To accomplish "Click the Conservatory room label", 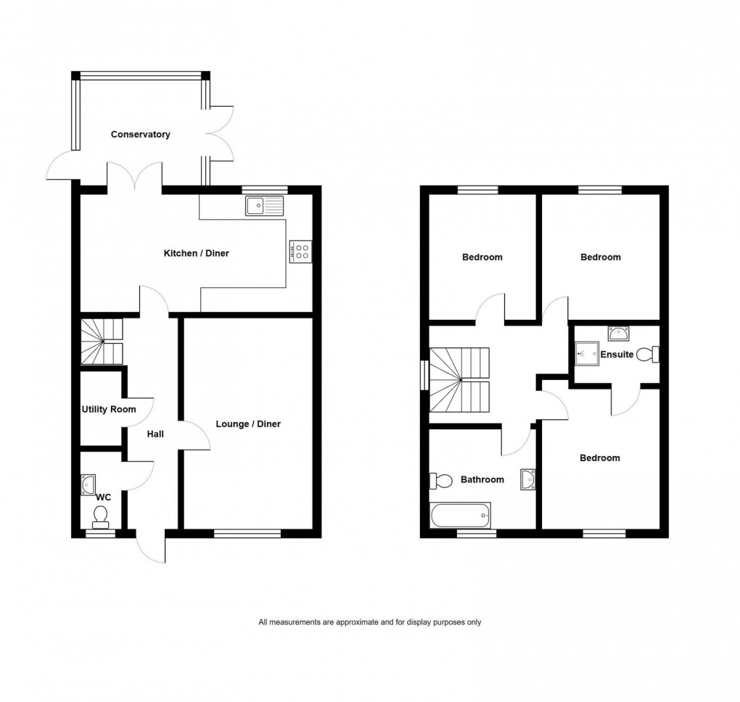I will pyautogui.click(x=141, y=134).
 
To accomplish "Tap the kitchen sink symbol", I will pyautogui.click(x=265, y=207).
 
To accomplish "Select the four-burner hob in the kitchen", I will pyautogui.click(x=301, y=252).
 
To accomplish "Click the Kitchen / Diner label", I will pyautogui.click(x=196, y=253).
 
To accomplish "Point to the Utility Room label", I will pyautogui.click(x=109, y=409).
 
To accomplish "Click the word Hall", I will pyautogui.click(x=155, y=434).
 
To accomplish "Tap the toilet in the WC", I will pyautogui.click(x=101, y=516).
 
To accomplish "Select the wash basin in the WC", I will pyautogui.click(x=89, y=483).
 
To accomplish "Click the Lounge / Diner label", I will pyautogui.click(x=248, y=424).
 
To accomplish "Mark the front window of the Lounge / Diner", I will pyautogui.click(x=247, y=534).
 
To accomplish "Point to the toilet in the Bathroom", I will pyautogui.click(x=439, y=480).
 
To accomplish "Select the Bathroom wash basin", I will pyautogui.click(x=528, y=479).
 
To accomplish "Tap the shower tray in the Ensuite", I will pyautogui.click(x=584, y=354).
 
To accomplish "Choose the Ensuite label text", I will pyautogui.click(x=617, y=355).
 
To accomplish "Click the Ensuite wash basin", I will pyautogui.click(x=618, y=333).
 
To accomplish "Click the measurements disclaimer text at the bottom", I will pyautogui.click(x=370, y=622).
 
